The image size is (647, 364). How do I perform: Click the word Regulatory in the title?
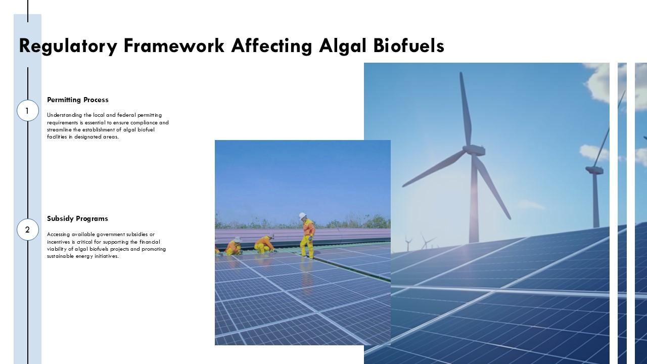[68, 46]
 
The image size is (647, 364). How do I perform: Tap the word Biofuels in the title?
[409, 45]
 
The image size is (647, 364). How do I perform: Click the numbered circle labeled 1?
[28, 110]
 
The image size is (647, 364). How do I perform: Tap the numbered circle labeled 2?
[28, 230]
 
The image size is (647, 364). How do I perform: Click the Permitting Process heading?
[78, 100]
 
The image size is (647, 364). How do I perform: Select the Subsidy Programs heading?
[77, 219]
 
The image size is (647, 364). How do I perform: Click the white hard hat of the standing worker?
[302, 215]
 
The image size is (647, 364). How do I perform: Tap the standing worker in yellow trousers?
[307, 236]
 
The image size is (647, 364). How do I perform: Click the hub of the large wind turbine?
[474, 150]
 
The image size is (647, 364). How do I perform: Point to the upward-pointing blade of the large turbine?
[466, 109]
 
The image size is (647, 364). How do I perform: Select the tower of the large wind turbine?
[474, 199]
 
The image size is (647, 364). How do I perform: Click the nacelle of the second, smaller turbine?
[594, 170]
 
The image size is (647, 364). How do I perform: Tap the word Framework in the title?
[174, 45]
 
